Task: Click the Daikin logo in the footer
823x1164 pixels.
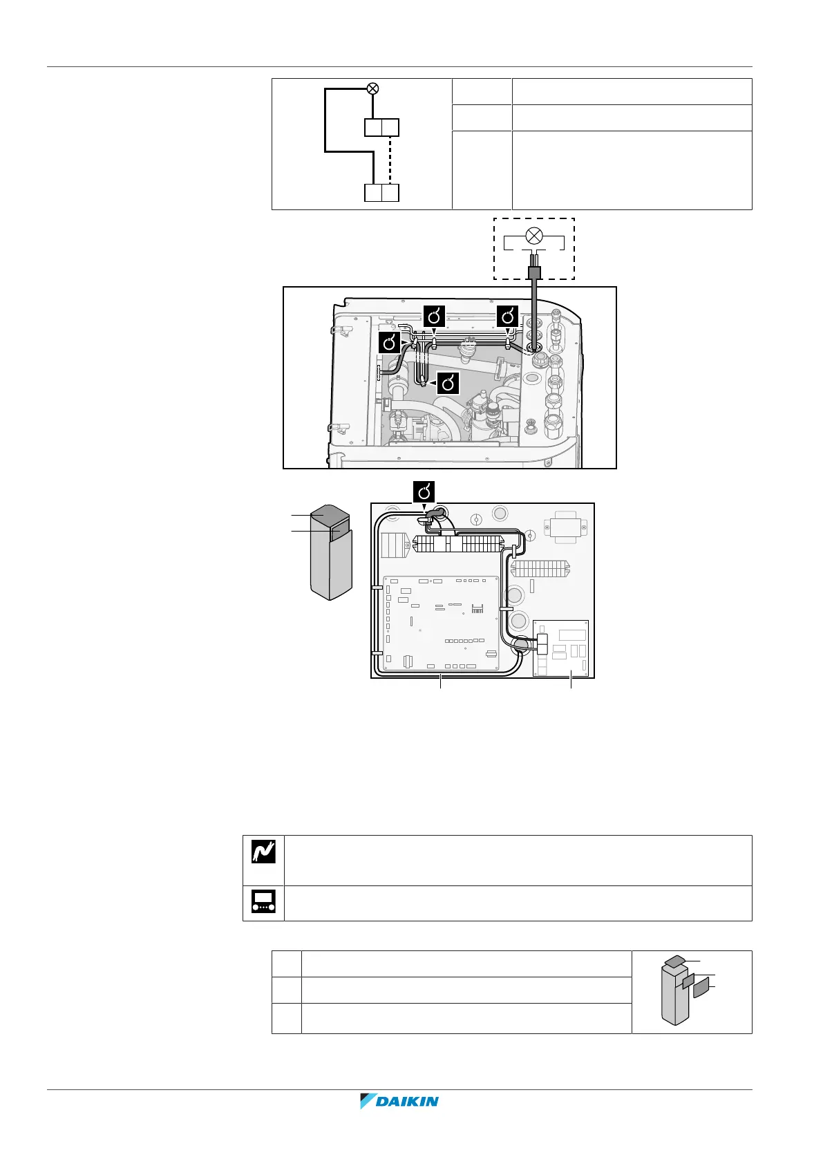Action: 399,1101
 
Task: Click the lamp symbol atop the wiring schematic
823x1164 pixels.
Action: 372,88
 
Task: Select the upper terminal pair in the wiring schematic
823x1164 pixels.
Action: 381,128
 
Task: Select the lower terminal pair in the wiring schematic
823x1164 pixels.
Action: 381,193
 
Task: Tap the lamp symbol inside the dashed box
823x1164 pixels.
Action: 533,236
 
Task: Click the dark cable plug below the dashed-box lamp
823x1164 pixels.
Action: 534,271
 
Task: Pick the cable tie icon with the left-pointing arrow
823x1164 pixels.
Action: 448,382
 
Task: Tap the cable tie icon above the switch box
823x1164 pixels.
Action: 424,492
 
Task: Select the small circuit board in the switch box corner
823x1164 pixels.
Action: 560,648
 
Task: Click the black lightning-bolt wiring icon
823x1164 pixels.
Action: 263,851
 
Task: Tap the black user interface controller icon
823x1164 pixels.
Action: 263,902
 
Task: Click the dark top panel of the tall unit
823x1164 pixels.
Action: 330,516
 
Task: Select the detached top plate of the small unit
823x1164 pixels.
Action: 675,961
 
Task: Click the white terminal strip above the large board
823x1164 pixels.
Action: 456,544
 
